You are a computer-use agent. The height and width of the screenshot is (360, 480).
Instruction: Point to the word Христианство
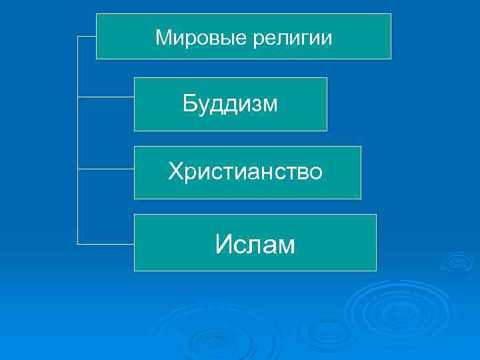click(245, 172)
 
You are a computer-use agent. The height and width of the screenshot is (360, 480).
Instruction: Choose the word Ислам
click(255, 245)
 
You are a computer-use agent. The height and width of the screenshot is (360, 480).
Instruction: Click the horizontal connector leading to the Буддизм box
click(106, 97)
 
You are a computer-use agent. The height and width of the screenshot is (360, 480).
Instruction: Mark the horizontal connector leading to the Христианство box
click(106, 169)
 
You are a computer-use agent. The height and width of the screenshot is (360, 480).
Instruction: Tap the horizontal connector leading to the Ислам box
click(106, 243)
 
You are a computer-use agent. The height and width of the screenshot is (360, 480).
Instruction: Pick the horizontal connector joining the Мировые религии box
click(87, 37)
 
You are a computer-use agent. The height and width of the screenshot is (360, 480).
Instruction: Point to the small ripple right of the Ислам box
click(457, 261)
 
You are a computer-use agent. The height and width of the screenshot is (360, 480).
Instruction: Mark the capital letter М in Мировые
click(164, 37)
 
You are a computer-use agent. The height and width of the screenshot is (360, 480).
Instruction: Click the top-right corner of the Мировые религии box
click(391, 14)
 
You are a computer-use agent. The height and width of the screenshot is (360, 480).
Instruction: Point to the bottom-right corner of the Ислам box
click(376, 270)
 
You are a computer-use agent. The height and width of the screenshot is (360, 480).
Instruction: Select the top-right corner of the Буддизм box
click(327, 78)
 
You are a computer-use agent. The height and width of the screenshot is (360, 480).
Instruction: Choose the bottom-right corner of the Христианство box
click(361, 199)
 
